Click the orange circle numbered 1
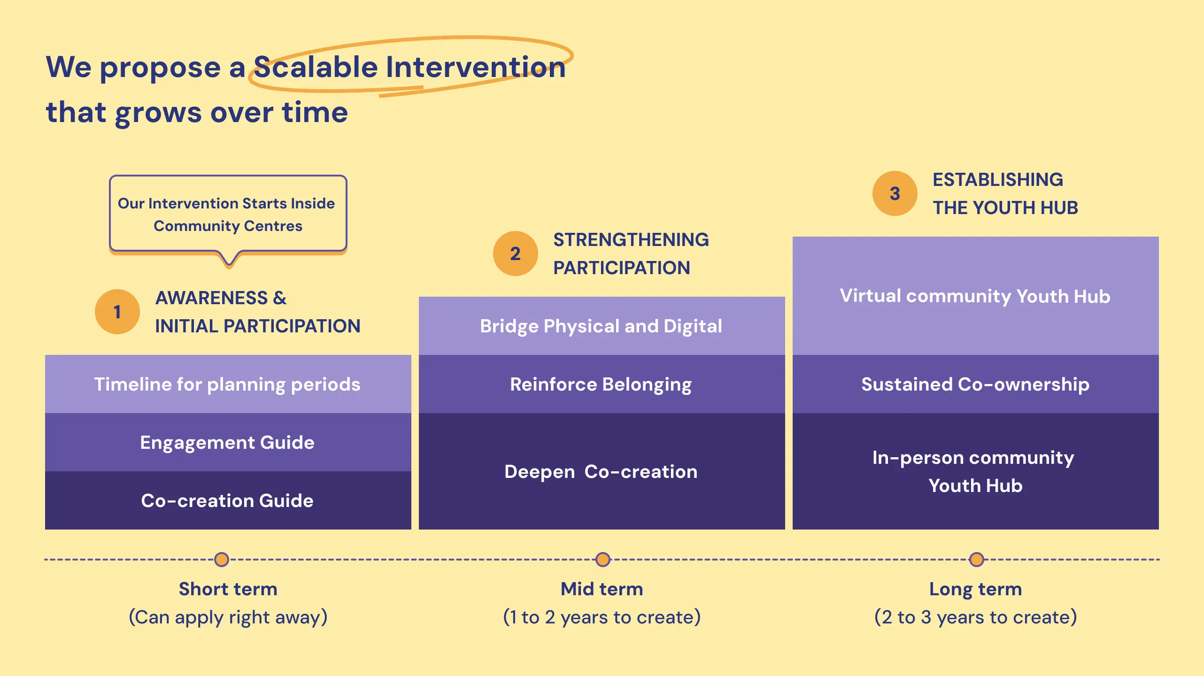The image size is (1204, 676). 117,312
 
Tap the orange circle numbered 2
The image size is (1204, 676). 515,253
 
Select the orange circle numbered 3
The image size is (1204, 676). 895,193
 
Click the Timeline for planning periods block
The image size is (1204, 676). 228,384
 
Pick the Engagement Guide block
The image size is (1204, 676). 228,442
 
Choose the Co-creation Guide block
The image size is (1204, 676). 228,500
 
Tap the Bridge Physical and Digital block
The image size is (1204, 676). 602,326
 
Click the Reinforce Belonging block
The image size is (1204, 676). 602,384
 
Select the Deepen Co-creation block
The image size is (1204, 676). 602,471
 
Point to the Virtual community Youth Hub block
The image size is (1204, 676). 975,296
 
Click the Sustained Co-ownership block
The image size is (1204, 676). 975,384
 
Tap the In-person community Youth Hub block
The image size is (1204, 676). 975,471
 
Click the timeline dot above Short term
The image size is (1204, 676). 222,559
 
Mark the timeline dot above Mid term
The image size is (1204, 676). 603,559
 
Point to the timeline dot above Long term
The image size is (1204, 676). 977,559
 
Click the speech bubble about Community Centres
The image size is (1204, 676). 228,214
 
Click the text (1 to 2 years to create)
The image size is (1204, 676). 602,617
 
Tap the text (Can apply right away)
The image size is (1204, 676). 228,617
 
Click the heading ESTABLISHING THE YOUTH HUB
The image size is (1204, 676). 1005,193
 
